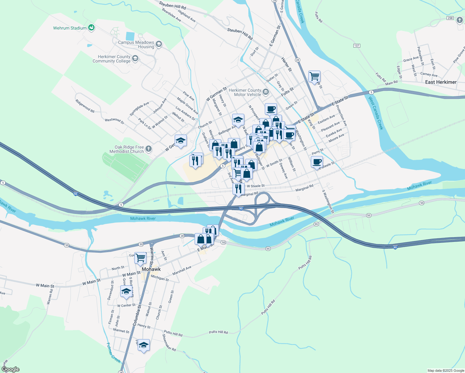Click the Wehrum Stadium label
70,28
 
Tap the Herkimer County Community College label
112,59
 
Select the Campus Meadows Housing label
136,44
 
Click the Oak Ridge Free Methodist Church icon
149,149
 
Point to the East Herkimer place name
441,82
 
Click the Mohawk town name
151,269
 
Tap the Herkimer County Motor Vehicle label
245,92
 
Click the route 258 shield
450,18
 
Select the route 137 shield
357,46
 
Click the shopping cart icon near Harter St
314,76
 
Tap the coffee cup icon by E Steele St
317,162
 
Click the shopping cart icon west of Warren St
140,257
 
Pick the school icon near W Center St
126,291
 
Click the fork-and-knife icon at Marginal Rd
238,188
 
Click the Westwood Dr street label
114,121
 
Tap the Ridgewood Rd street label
85,106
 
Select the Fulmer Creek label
113,353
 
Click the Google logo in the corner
11,369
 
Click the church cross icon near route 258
460,21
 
